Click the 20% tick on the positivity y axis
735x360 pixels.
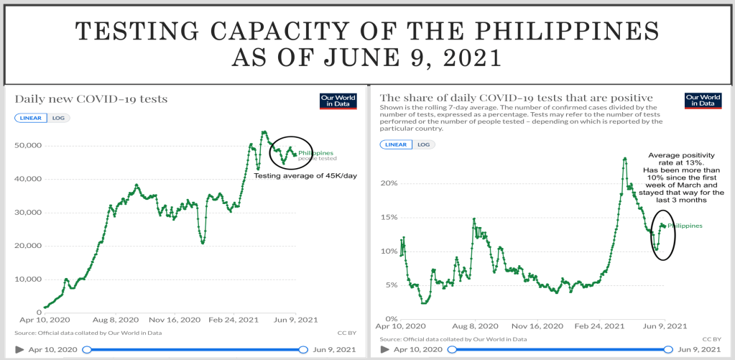coord(388,183)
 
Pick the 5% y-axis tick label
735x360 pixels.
coord(390,285)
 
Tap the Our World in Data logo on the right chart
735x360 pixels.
coord(702,101)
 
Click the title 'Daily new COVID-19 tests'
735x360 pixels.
coord(91,98)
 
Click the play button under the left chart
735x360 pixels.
coord(19,350)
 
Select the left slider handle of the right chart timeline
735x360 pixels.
coord(450,350)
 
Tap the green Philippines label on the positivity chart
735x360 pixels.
coord(685,226)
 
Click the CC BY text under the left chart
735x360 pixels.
coord(346,333)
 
